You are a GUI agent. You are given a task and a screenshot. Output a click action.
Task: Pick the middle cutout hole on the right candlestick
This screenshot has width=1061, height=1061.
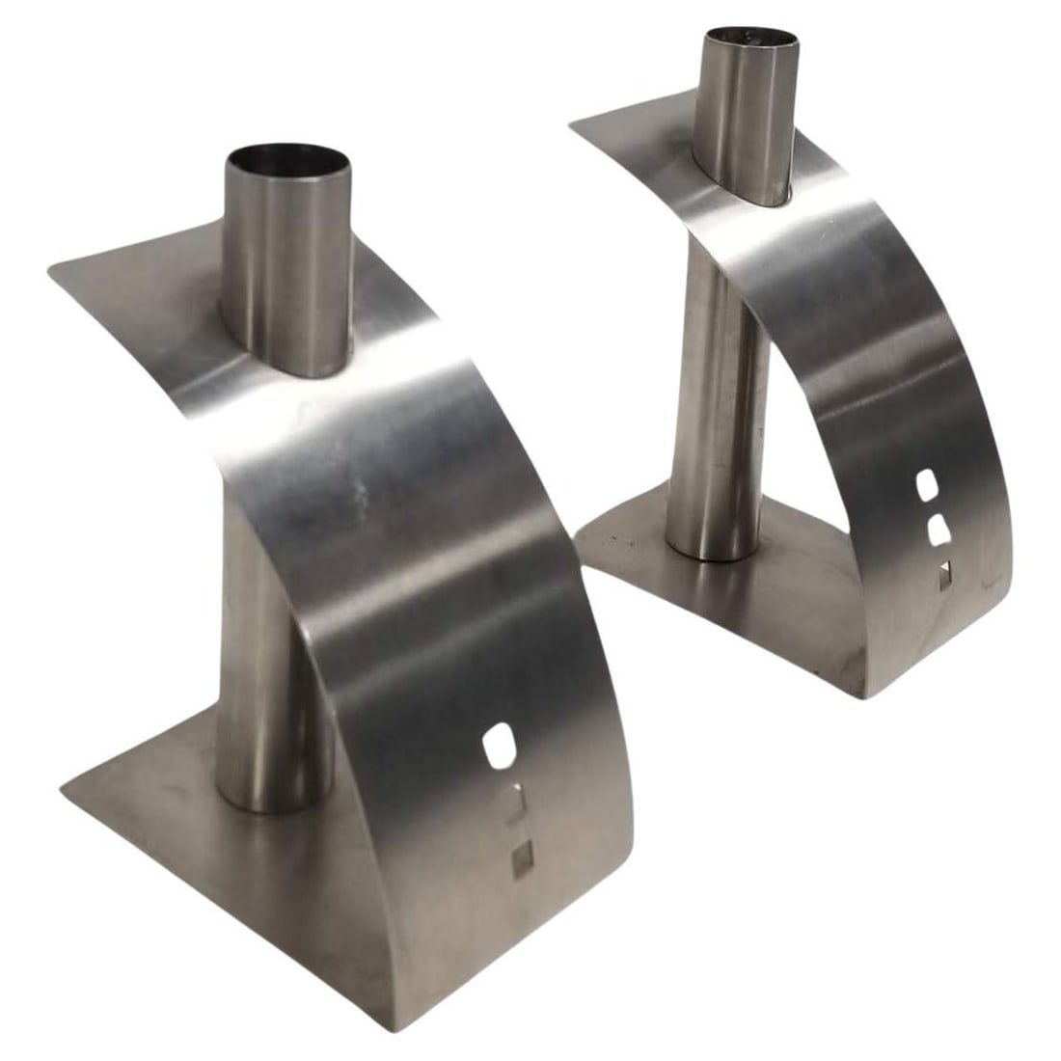point(933,529)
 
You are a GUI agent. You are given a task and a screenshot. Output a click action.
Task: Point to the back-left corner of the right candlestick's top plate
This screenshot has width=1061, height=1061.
point(572,123)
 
